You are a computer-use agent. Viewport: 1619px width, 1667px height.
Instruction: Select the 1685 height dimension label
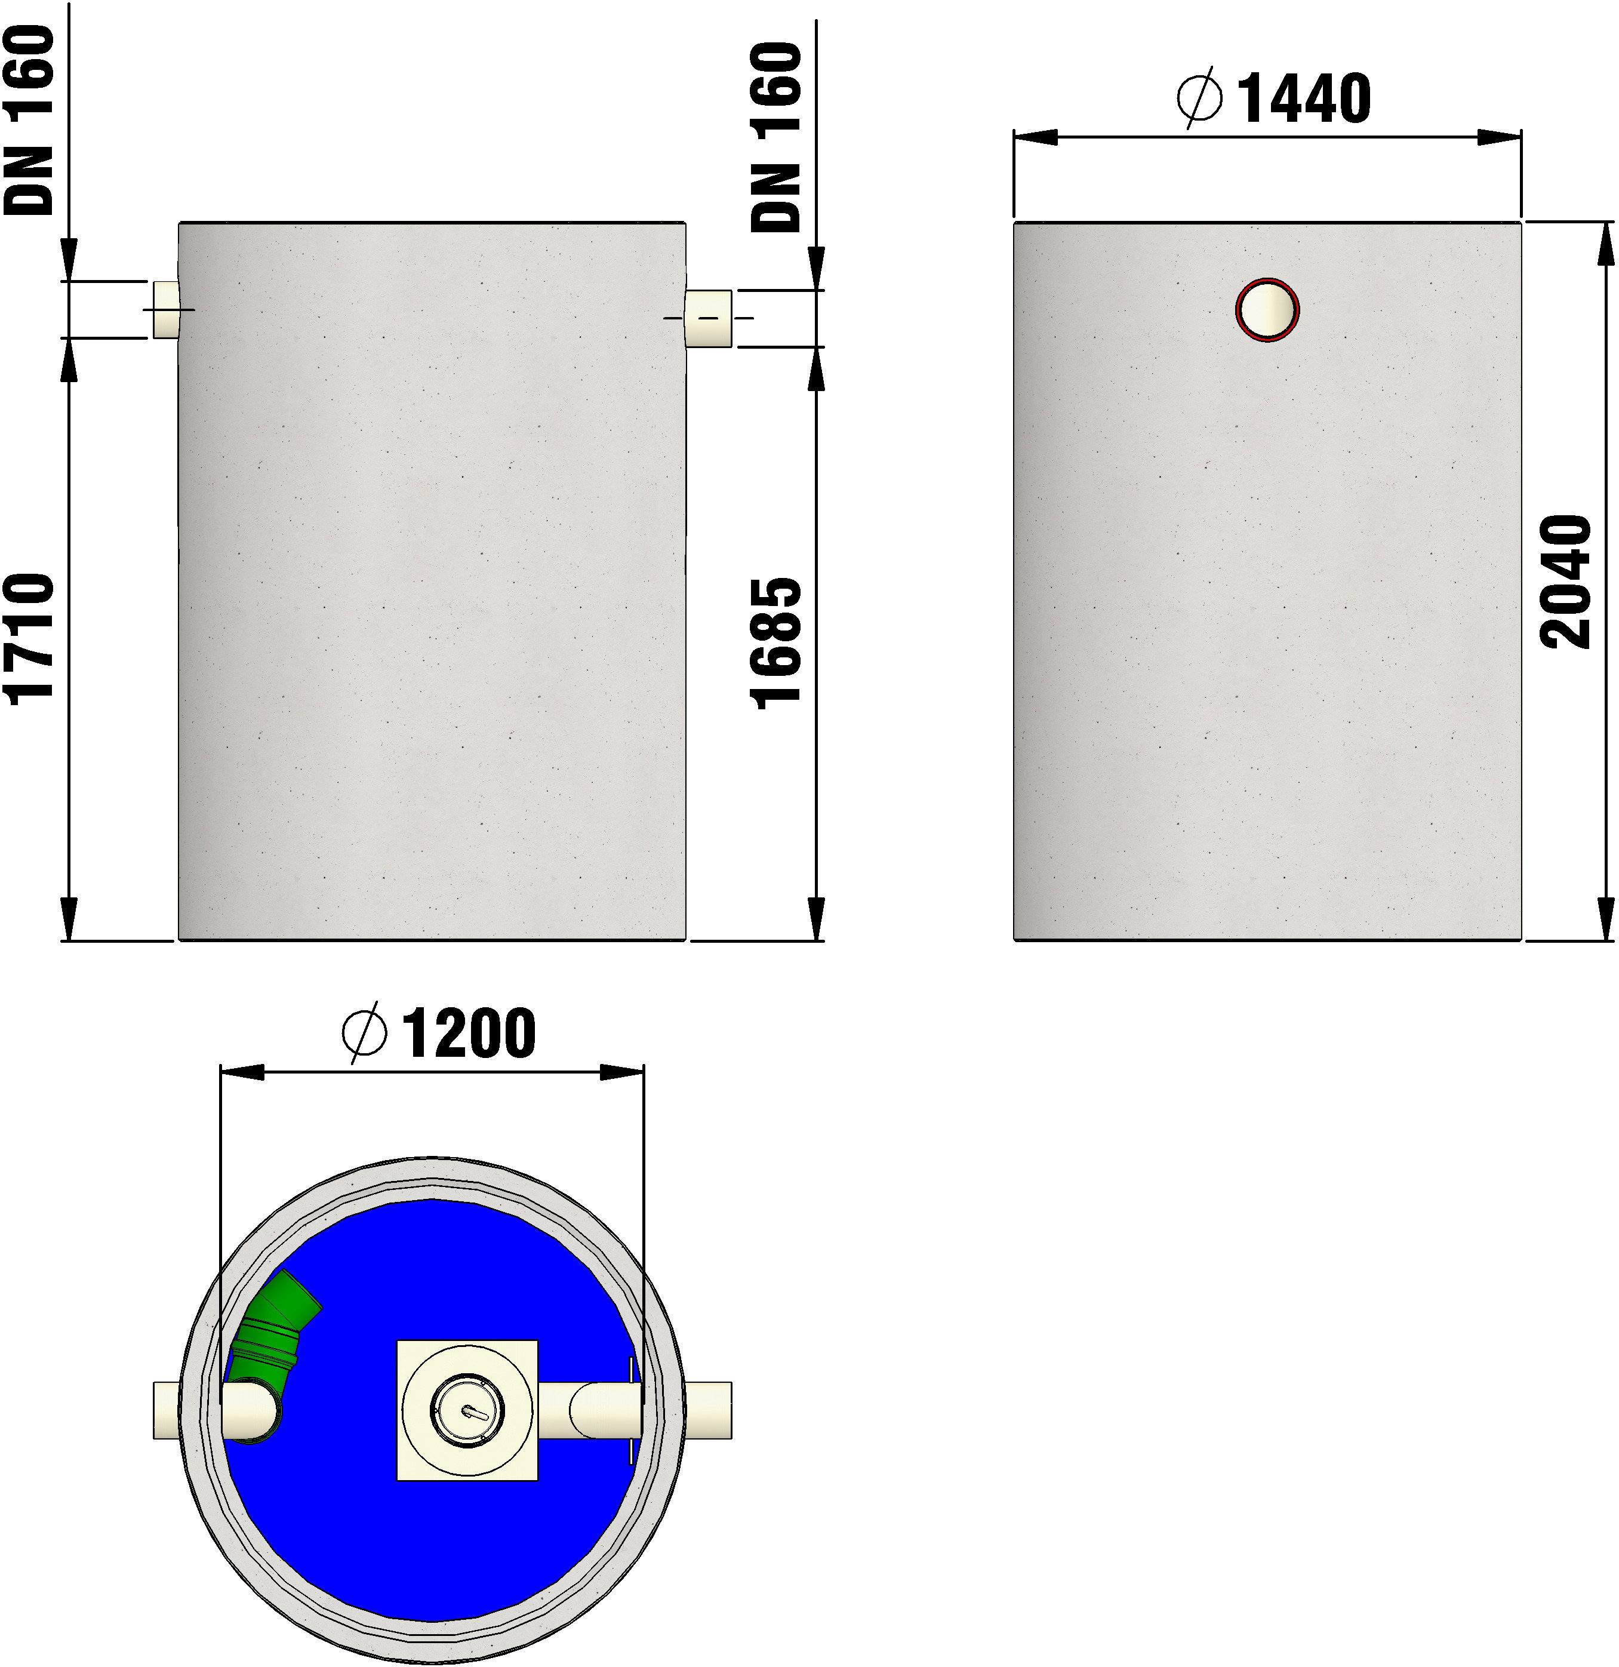776,643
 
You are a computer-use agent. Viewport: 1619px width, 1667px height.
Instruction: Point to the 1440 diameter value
1304,99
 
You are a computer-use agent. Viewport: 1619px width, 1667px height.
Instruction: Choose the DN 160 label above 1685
776,137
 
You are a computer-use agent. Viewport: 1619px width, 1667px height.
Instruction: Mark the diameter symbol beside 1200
364,1034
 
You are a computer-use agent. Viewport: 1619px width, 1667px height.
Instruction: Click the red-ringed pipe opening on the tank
1267,310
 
